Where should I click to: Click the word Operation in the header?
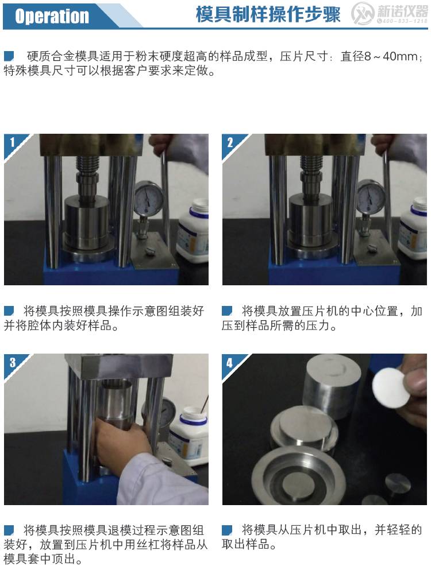click(x=52, y=16)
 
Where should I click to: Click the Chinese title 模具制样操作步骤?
click(x=268, y=15)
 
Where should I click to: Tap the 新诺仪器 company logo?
click(x=389, y=14)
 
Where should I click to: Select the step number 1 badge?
click(x=13, y=142)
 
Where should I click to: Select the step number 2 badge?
click(x=230, y=142)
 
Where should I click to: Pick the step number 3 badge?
click(x=13, y=362)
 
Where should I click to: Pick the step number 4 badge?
click(x=230, y=363)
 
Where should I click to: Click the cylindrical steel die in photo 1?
click(x=87, y=221)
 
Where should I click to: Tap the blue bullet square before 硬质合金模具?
click(x=9, y=56)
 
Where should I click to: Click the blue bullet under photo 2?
click(x=227, y=311)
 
